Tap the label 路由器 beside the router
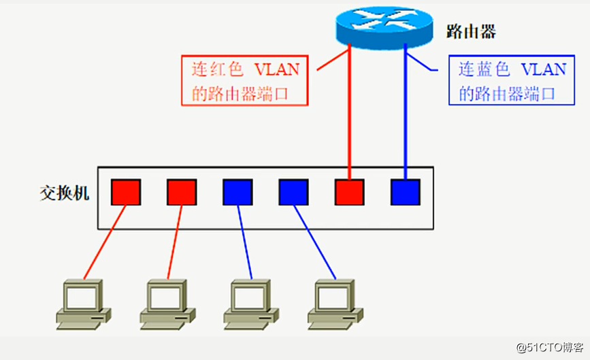coord(470,31)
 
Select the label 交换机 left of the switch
coord(65,193)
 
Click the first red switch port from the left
coord(126,193)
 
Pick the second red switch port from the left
coord(182,193)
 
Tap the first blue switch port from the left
coord(237,193)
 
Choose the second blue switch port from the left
coord(293,193)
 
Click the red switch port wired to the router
coord(349,193)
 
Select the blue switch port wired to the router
coord(405,193)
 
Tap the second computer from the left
coord(167,302)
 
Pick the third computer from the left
coord(251,302)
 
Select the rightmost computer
coord(335,302)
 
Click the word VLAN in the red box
coord(276,69)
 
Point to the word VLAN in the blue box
coord(543,69)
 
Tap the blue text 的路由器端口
coord(508,93)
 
